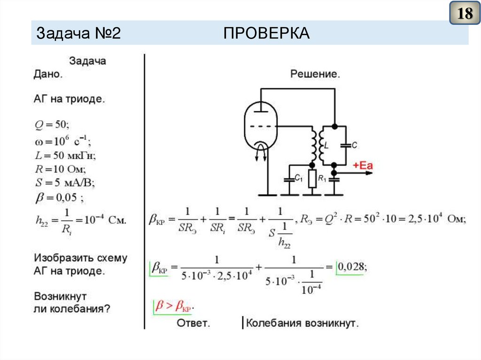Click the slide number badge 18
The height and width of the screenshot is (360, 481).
pos(465,14)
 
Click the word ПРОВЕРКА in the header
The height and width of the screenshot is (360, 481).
pos(266,33)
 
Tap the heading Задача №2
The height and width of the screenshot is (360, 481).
pos(79,33)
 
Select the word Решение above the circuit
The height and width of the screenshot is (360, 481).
pos(315,74)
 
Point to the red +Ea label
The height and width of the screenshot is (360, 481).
pos(363,165)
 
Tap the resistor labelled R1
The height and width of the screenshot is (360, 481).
pos(312,179)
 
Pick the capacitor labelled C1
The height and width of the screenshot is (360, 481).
pos(288,179)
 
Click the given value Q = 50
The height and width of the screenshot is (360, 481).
pos(52,124)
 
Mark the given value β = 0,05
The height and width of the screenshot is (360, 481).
pos(59,197)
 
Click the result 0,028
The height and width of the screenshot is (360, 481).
pos(352,267)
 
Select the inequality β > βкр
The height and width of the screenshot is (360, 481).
pos(174,306)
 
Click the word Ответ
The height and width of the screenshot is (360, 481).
pos(193,323)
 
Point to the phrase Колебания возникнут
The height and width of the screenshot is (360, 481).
pos(303,323)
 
